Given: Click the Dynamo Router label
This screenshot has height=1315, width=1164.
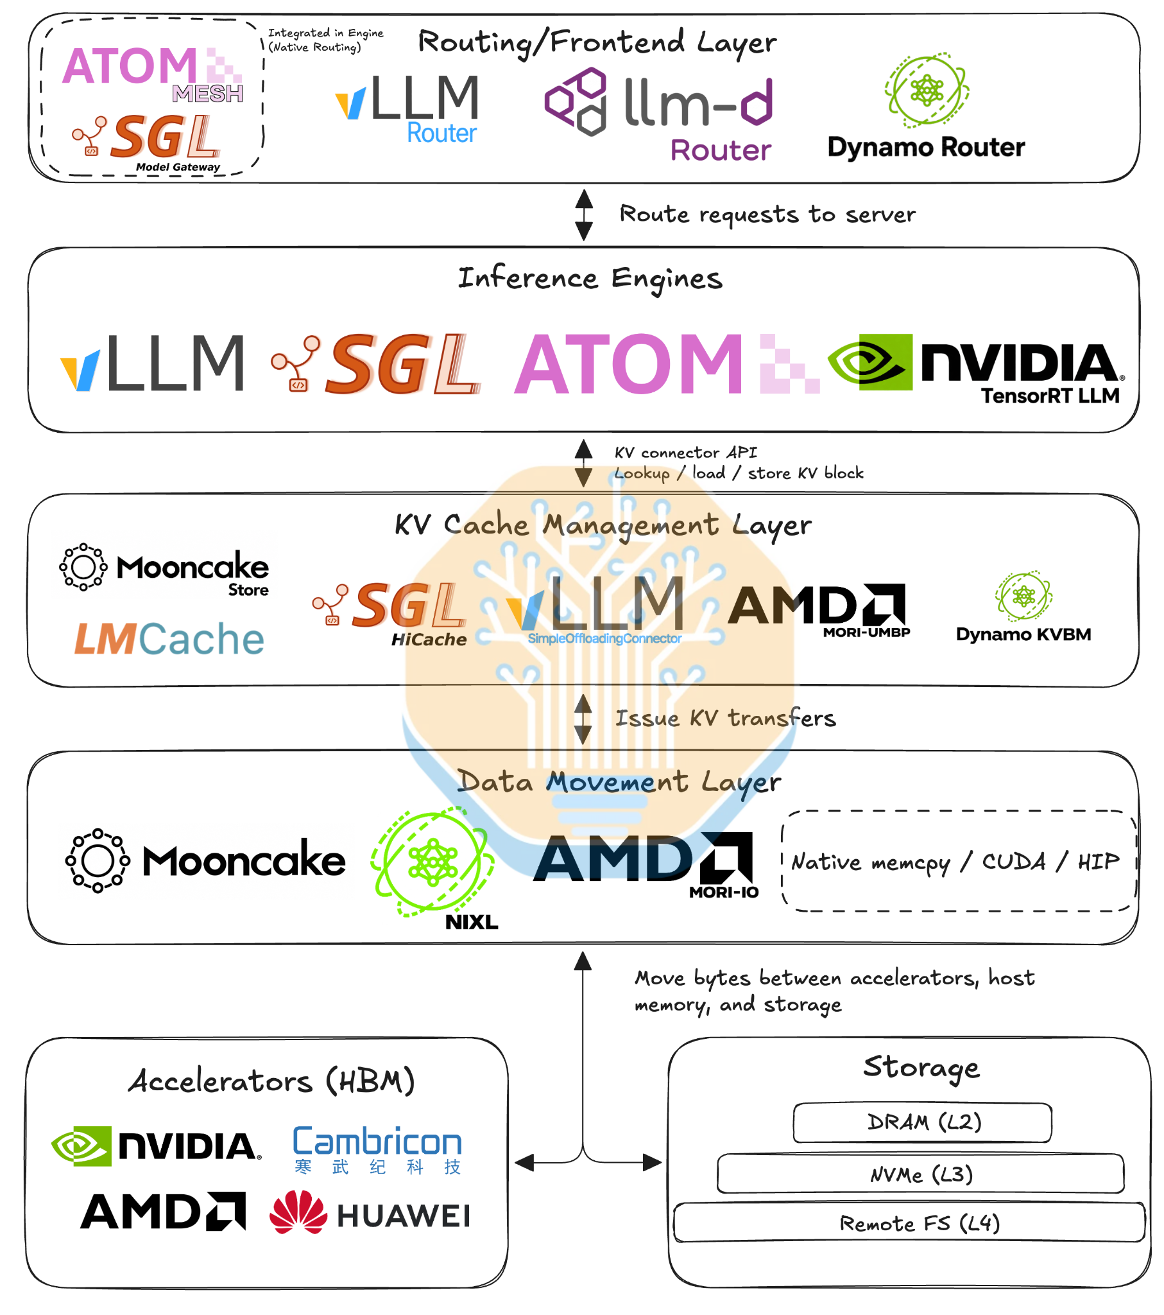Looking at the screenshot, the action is coord(925,147).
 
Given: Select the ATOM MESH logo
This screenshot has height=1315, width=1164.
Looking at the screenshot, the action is coord(153,74).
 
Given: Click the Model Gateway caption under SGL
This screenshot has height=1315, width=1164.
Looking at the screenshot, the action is coord(178,168).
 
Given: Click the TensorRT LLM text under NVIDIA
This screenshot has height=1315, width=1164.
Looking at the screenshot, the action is coord(1050,396).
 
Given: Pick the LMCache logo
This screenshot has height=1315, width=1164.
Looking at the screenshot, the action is coord(169,639).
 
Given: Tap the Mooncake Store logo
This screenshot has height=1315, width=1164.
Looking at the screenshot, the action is coord(164,570).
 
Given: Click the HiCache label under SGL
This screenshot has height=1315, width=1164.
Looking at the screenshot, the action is coord(429,640).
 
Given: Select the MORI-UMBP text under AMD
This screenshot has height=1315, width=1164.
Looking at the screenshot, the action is coord(866,632).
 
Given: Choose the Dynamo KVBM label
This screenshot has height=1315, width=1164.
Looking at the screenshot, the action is coord(1023,634).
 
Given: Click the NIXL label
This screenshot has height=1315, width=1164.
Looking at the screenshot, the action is coord(472,923).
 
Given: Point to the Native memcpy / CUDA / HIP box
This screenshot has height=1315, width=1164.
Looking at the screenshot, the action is coord(959,861).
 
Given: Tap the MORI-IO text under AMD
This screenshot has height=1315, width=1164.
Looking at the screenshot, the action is coord(723,893).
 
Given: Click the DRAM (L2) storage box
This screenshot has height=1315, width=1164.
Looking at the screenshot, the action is coord(922,1122).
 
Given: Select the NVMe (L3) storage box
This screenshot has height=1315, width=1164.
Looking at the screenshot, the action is coord(920,1174).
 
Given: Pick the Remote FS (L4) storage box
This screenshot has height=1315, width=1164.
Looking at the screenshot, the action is coord(909,1223).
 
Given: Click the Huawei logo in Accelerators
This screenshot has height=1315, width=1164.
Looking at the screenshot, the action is coord(370,1213).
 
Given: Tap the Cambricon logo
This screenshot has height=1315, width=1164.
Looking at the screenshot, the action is coord(377,1150).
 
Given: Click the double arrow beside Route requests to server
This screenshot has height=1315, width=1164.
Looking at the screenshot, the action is coord(584,215).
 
